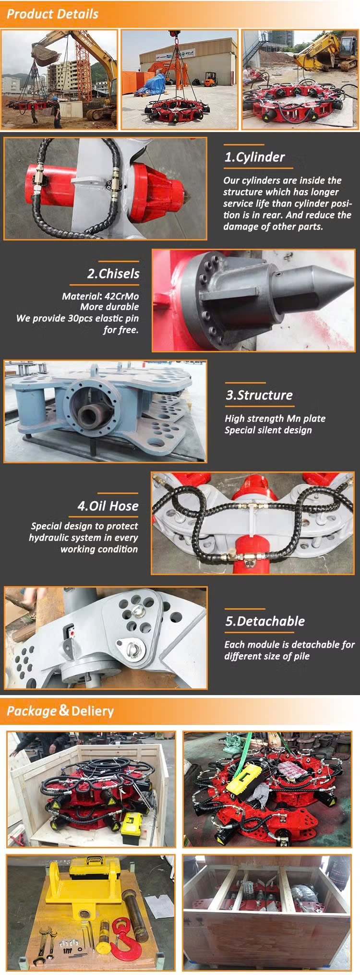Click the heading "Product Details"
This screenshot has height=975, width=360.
tap(52, 14)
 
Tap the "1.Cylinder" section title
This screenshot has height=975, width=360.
tap(254, 157)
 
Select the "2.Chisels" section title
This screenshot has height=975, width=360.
tap(113, 274)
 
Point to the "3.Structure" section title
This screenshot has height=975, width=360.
tap(259, 395)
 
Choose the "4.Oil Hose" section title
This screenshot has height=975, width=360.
tap(108, 506)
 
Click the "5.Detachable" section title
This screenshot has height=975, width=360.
tap(265, 621)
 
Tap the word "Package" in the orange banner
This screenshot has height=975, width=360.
tap(32, 711)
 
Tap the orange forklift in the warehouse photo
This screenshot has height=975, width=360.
tap(209, 80)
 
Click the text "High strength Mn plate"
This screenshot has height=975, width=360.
tap(275, 419)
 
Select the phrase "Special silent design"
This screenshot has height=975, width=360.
tap(268, 430)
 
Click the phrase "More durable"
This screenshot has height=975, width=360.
tap(109, 307)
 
